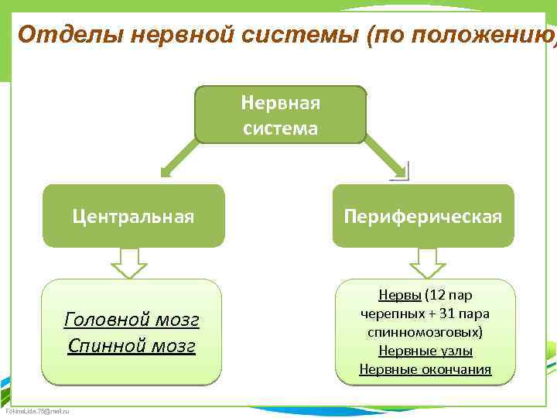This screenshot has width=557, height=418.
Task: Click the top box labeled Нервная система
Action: (x=280, y=115)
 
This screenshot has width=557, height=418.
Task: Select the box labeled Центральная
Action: (x=133, y=216)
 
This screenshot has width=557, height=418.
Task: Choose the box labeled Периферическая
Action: (x=423, y=216)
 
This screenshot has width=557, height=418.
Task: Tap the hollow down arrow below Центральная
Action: (x=129, y=262)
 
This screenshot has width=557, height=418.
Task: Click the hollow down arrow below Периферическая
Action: (x=428, y=262)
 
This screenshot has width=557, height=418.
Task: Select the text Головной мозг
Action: (x=132, y=319)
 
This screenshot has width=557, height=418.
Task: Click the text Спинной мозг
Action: (x=132, y=344)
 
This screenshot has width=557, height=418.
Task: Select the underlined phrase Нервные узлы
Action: (x=425, y=351)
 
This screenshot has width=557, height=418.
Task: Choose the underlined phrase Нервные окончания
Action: (x=425, y=369)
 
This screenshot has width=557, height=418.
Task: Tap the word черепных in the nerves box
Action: (x=388, y=313)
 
